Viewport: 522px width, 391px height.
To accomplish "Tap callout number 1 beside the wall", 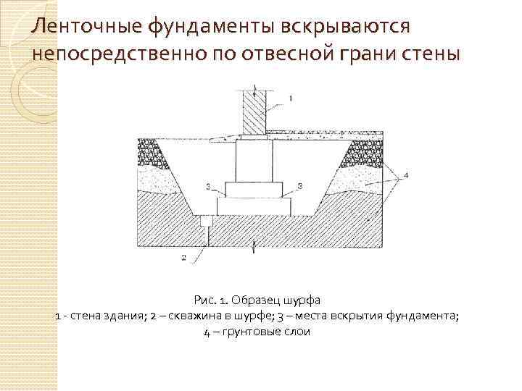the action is pos(291,97).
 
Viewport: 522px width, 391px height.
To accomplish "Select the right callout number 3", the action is pos(299,187).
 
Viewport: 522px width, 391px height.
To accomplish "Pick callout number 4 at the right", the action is pos(406,175).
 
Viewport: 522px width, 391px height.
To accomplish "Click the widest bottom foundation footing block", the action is pos(254,205).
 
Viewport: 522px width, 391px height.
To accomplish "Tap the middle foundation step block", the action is pos(254,188).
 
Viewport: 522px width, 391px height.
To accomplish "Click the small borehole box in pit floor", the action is pos(207,219).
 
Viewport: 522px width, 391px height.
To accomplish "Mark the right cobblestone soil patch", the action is pos(362,152).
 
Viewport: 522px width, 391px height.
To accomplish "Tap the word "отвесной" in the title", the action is pos(278,54).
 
